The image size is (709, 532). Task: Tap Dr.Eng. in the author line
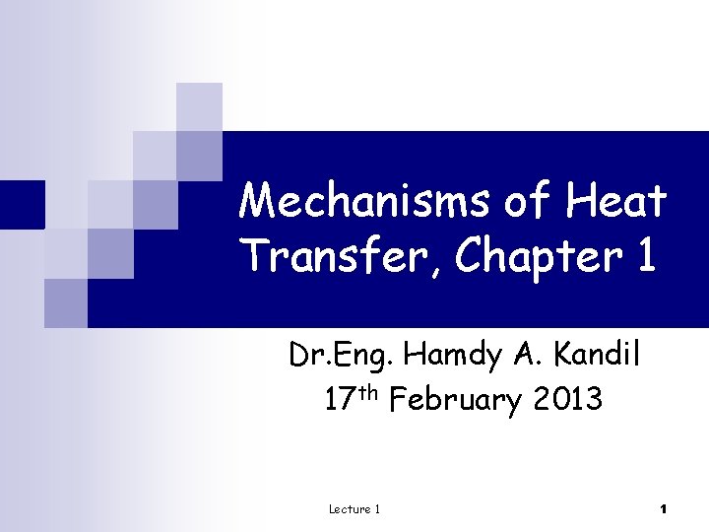[342, 354]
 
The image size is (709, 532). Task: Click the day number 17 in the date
[339, 400]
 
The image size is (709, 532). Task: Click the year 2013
[568, 400]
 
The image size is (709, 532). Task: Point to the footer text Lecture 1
[354, 508]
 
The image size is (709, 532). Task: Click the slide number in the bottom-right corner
[664, 508]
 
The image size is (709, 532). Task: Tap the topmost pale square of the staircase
[199, 106]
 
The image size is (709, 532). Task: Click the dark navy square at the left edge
[22, 204]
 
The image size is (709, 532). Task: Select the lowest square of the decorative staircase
[65, 303]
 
